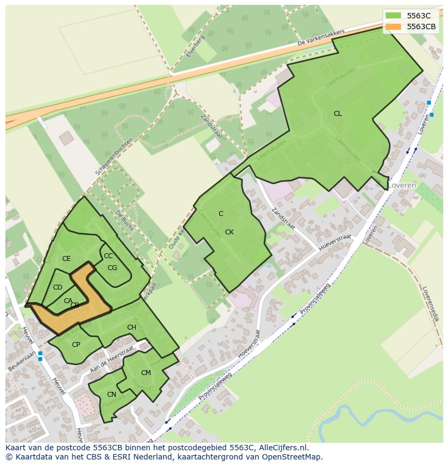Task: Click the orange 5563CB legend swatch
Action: click(x=393, y=27)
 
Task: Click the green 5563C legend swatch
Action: click(x=393, y=16)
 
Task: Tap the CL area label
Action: click(x=338, y=114)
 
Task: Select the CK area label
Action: click(x=229, y=232)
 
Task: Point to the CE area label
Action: click(x=67, y=259)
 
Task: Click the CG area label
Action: click(x=113, y=267)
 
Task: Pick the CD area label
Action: click(x=57, y=287)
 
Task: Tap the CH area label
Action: click(x=131, y=327)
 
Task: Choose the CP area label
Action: click(x=76, y=345)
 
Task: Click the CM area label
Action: click(x=146, y=373)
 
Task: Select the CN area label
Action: click(x=111, y=395)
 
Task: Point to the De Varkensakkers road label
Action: click(x=321, y=38)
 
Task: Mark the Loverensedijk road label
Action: click(x=430, y=304)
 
